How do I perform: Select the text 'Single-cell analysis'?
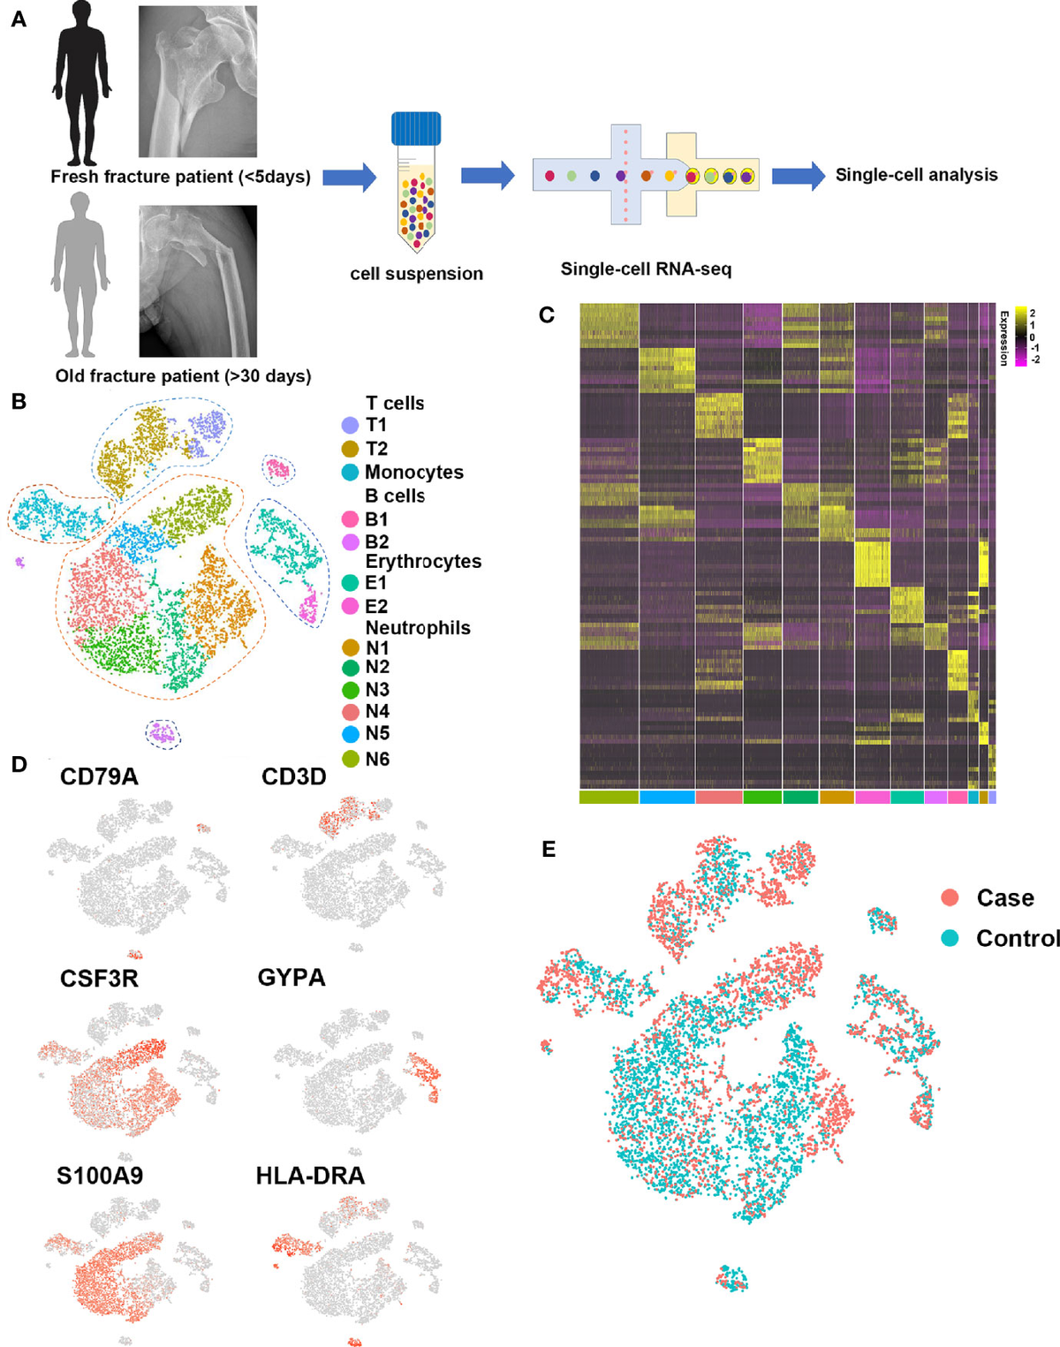click(x=916, y=175)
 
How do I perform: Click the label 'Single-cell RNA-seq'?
click(x=646, y=269)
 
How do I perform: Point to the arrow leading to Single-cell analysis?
click(x=798, y=176)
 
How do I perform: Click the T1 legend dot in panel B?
click(x=351, y=426)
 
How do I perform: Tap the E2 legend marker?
click(x=351, y=606)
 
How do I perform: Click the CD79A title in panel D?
click(x=99, y=776)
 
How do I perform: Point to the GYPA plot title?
click(x=291, y=978)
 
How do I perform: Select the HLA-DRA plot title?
click(x=310, y=1176)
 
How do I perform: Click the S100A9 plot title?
click(x=100, y=1176)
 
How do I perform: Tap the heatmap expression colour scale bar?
click(x=1020, y=337)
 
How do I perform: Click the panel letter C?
click(x=547, y=315)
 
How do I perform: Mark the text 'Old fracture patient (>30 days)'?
click(x=183, y=376)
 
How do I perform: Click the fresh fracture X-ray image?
click(x=198, y=81)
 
